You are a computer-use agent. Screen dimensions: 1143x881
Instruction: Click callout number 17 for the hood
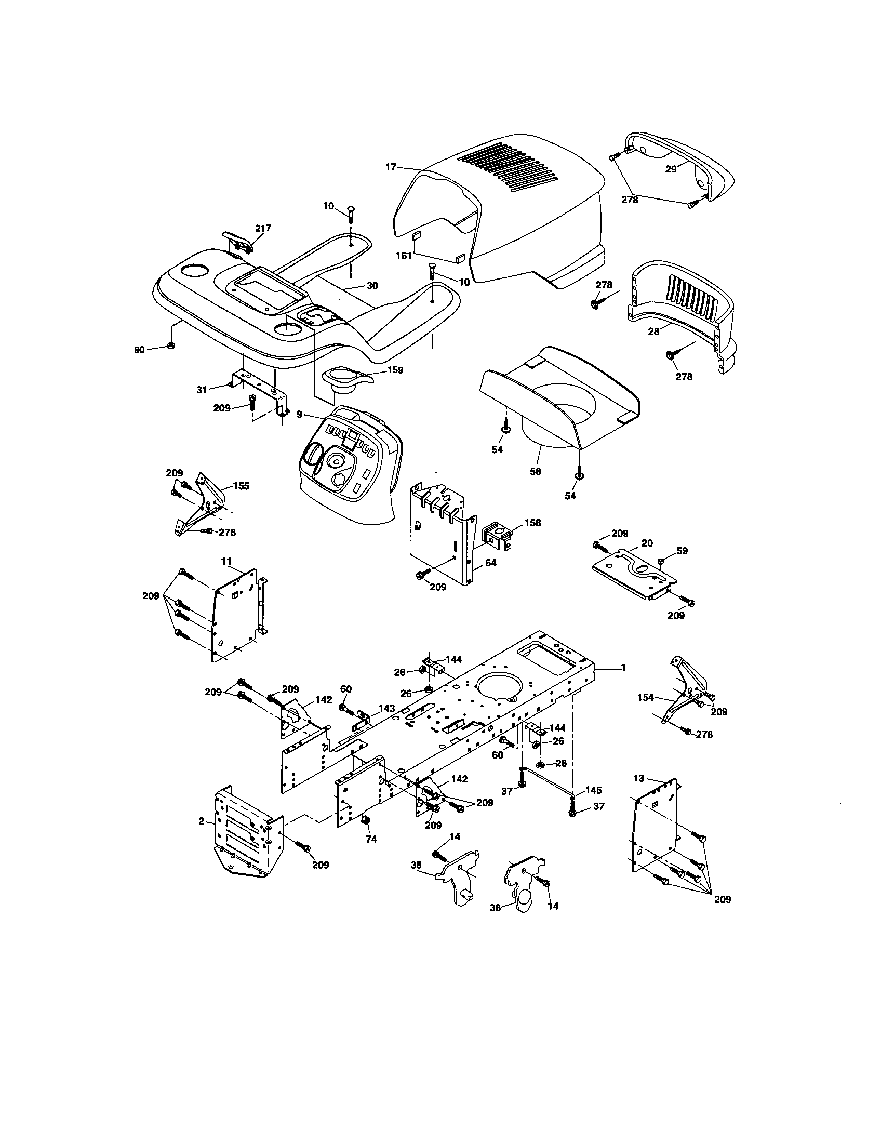(x=391, y=167)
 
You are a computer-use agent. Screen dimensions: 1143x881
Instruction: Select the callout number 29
(x=671, y=169)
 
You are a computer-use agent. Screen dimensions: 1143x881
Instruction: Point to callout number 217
(x=263, y=228)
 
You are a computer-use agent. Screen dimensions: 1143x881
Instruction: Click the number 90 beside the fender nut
(x=139, y=350)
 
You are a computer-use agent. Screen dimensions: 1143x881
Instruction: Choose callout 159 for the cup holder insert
(x=395, y=370)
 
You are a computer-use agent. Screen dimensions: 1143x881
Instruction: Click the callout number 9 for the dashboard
(x=299, y=415)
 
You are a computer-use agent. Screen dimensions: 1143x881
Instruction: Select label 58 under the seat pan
(x=535, y=472)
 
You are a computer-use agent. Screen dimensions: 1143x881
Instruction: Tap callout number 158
(x=532, y=522)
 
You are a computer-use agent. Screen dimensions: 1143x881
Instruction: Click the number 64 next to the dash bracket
(x=490, y=563)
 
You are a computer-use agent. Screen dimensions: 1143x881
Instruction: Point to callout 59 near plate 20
(x=682, y=551)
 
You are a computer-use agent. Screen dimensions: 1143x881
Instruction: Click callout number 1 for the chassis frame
(x=622, y=668)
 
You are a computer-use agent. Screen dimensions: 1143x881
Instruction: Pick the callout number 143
(x=386, y=708)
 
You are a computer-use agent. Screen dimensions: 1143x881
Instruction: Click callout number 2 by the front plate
(x=201, y=821)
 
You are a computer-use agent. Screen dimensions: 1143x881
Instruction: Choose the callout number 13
(x=638, y=778)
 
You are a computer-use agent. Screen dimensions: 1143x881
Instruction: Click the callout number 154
(x=646, y=697)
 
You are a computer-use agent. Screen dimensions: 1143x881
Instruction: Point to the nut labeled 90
(x=171, y=346)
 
